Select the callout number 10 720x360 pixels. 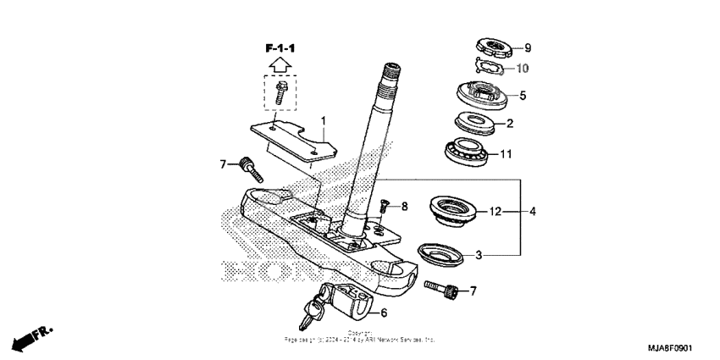[x=523, y=67]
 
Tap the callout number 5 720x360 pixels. [x=523, y=96]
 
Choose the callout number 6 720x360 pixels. [x=384, y=313]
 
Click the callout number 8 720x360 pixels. [x=404, y=206]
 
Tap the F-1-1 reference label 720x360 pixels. [x=284, y=47]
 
